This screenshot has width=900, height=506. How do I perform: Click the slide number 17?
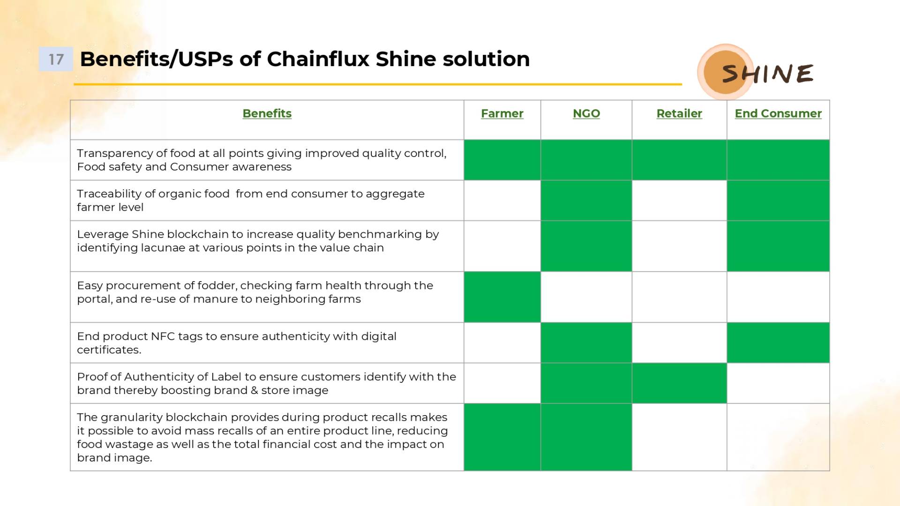point(56,59)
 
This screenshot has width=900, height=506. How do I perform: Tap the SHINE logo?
point(756,72)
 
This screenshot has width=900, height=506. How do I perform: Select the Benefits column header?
point(267,113)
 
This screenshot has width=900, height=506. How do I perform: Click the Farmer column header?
point(502,113)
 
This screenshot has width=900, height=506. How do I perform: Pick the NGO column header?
point(586,113)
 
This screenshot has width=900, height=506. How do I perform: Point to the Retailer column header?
point(679,113)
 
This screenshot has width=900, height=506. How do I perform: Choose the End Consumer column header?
point(778,113)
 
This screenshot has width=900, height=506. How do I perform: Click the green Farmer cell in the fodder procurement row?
point(502,297)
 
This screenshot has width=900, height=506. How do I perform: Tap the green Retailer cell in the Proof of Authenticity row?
point(679,383)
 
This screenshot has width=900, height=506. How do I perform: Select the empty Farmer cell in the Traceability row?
point(502,201)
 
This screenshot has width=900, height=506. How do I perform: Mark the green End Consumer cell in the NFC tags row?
point(778,342)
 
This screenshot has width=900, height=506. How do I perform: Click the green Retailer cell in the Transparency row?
point(679,160)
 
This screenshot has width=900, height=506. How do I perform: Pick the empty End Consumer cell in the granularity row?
point(778,437)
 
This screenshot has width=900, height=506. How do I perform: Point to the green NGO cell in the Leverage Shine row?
point(586,246)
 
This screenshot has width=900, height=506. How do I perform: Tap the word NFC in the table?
point(163,336)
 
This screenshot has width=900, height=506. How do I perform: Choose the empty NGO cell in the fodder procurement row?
point(586,297)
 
